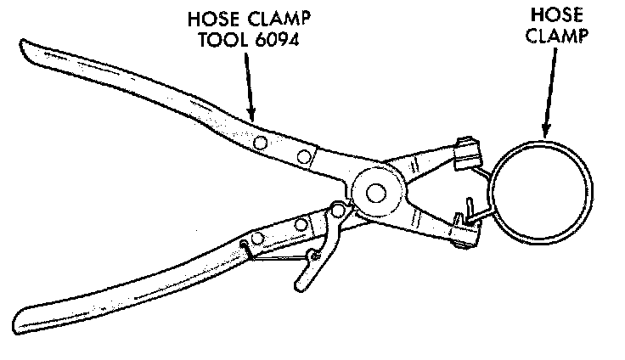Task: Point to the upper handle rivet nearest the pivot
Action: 303,154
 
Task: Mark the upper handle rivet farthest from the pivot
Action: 262,140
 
